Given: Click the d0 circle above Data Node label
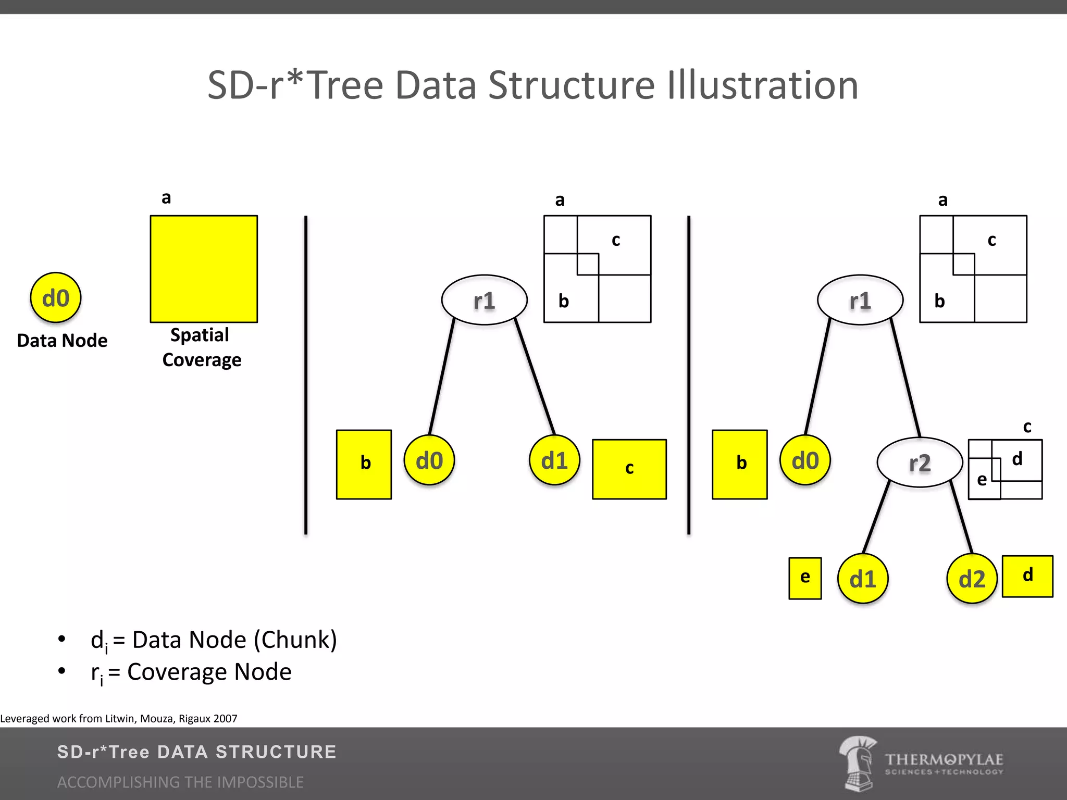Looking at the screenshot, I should coord(55,298).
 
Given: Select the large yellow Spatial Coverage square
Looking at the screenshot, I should coord(204,269).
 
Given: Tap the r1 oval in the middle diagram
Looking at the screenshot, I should coord(484,300).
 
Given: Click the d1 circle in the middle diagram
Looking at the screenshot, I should coord(554,460).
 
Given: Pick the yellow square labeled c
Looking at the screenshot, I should coord(629,469).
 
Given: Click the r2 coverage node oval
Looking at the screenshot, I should coord(920,463).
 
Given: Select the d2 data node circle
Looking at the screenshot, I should coord(972,579).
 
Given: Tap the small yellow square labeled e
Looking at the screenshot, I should coord(805,578).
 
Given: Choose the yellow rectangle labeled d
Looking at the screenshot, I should coord(1027,576).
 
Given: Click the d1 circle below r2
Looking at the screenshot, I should coord(863,579).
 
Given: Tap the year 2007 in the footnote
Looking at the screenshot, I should coord(225,719).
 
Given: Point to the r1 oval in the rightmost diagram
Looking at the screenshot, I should coord(860,300).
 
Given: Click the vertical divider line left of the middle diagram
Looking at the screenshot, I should coord(306,375).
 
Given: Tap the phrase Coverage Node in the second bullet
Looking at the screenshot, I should coord(209,672).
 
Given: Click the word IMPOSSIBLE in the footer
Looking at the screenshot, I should coord(260,782).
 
